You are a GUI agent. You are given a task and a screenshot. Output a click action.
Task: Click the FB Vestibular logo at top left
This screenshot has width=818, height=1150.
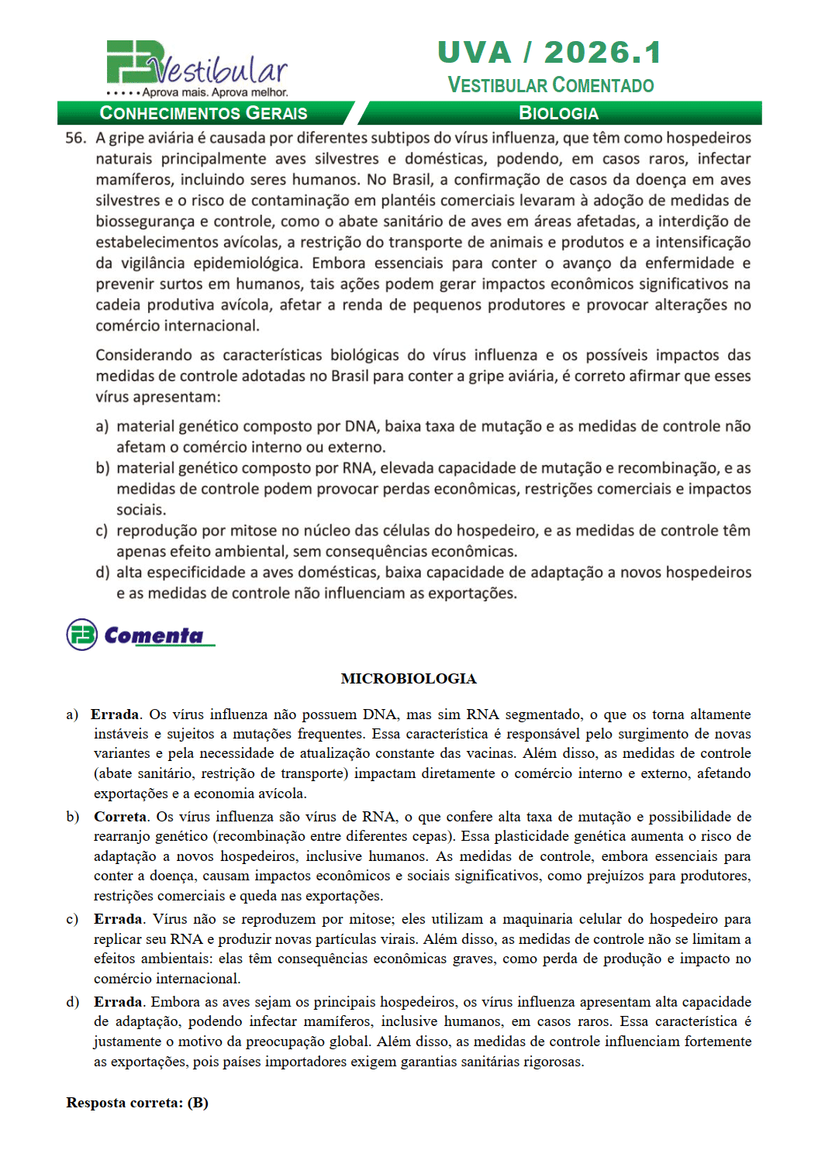[196, 68]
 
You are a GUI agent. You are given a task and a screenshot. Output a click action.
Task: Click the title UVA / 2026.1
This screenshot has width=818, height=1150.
[550, 53]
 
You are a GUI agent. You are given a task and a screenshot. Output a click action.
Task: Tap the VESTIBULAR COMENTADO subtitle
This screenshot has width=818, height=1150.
[551, 85]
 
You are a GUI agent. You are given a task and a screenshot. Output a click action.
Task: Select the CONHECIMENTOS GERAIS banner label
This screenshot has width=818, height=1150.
[203, 113]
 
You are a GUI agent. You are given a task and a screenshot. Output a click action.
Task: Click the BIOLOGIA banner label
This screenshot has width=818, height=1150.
[558, 113]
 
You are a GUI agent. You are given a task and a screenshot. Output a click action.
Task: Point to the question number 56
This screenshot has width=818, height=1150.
[75, 138]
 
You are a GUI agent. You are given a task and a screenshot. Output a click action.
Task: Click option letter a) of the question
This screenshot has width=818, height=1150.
[102, 426]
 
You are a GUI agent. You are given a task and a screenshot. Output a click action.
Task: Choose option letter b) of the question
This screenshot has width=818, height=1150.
[102, 468]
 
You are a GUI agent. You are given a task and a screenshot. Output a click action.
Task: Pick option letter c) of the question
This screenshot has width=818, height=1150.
[102, 531]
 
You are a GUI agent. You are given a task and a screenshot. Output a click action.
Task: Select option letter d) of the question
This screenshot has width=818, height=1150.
[102, 573]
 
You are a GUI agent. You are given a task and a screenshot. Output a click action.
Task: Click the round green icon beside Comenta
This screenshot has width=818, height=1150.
[82, 635]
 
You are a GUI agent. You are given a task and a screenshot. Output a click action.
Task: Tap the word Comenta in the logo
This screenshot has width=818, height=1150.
[154, 635]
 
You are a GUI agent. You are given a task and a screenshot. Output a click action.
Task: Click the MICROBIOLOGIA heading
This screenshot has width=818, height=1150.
[409, 679]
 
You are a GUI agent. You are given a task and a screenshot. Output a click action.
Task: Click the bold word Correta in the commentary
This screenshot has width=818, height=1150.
[120, 817]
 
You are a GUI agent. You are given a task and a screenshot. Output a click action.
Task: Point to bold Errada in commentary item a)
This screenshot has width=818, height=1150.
[115, 714]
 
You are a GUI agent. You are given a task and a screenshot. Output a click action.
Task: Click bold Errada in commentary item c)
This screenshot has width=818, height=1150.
[118, 919]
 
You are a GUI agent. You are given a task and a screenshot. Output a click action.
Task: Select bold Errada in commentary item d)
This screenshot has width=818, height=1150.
[118, 1002]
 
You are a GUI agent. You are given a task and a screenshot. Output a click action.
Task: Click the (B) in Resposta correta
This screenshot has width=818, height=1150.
[198, 1103]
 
